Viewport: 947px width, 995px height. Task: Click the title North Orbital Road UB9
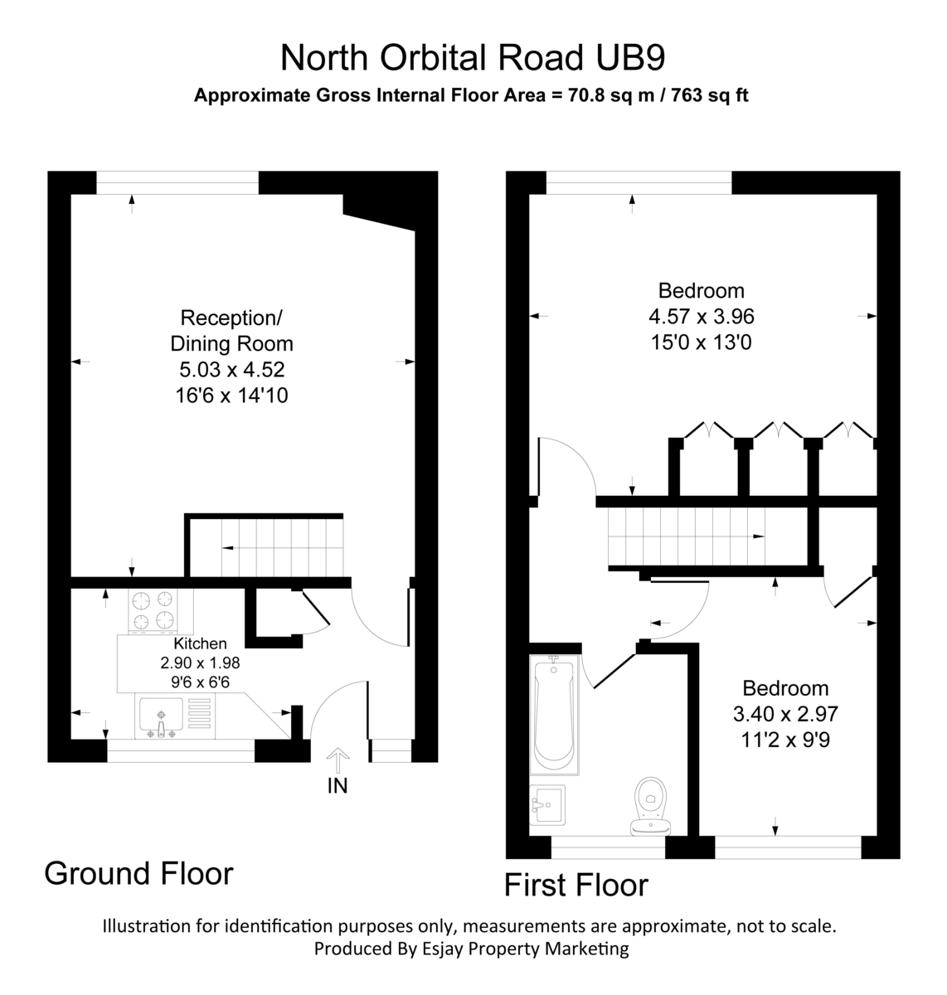click(473, 58)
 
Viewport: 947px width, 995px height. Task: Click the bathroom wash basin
click(547, 804)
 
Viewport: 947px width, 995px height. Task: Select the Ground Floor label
click(138, 873)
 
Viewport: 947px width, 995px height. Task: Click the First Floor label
click(575, 885)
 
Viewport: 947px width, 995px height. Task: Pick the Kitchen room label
click(200, 643)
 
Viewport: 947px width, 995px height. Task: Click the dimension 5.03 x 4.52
click(231, 369)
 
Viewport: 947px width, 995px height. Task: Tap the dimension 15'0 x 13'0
click(701, 342)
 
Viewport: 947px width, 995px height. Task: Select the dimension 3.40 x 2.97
click(784, 713)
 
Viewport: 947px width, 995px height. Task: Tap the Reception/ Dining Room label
click(231, 330)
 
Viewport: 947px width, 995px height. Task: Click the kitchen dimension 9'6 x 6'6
click(200, 682)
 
